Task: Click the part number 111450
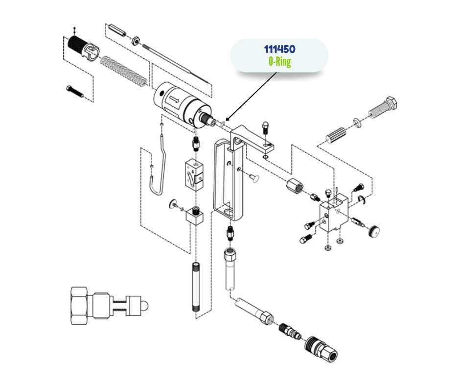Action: point(279,49)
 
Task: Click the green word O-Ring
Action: point(279,62)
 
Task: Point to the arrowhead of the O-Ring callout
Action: point(225,121)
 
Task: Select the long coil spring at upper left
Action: point(123,70)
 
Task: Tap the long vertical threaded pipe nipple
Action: point(195,288)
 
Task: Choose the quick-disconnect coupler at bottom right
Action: point(320,349)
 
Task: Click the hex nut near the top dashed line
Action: point(137,39)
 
